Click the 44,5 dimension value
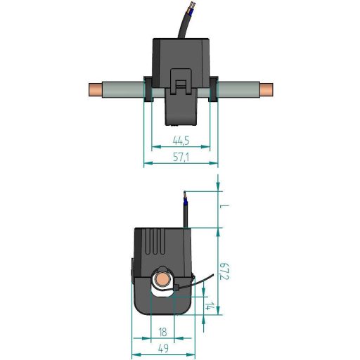(181, 141)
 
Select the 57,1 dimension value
(181, 157)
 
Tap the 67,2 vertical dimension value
(225, 271)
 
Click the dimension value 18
(162, 332)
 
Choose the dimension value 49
(163, 349)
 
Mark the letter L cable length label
(224, 206)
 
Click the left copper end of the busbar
(96, 90)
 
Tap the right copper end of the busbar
(266, 90)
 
